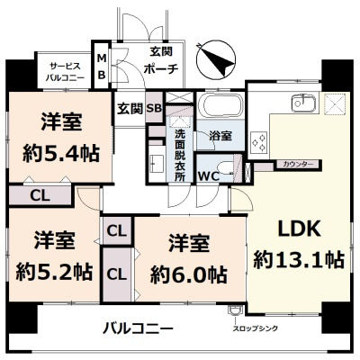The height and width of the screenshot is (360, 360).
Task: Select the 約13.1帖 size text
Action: click(x=298, y=260)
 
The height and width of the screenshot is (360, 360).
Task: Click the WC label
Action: click(x=207, y=175)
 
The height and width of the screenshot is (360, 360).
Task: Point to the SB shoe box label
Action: click(x=154, y=108)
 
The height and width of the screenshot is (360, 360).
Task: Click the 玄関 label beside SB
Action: click(x=129, y=108)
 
